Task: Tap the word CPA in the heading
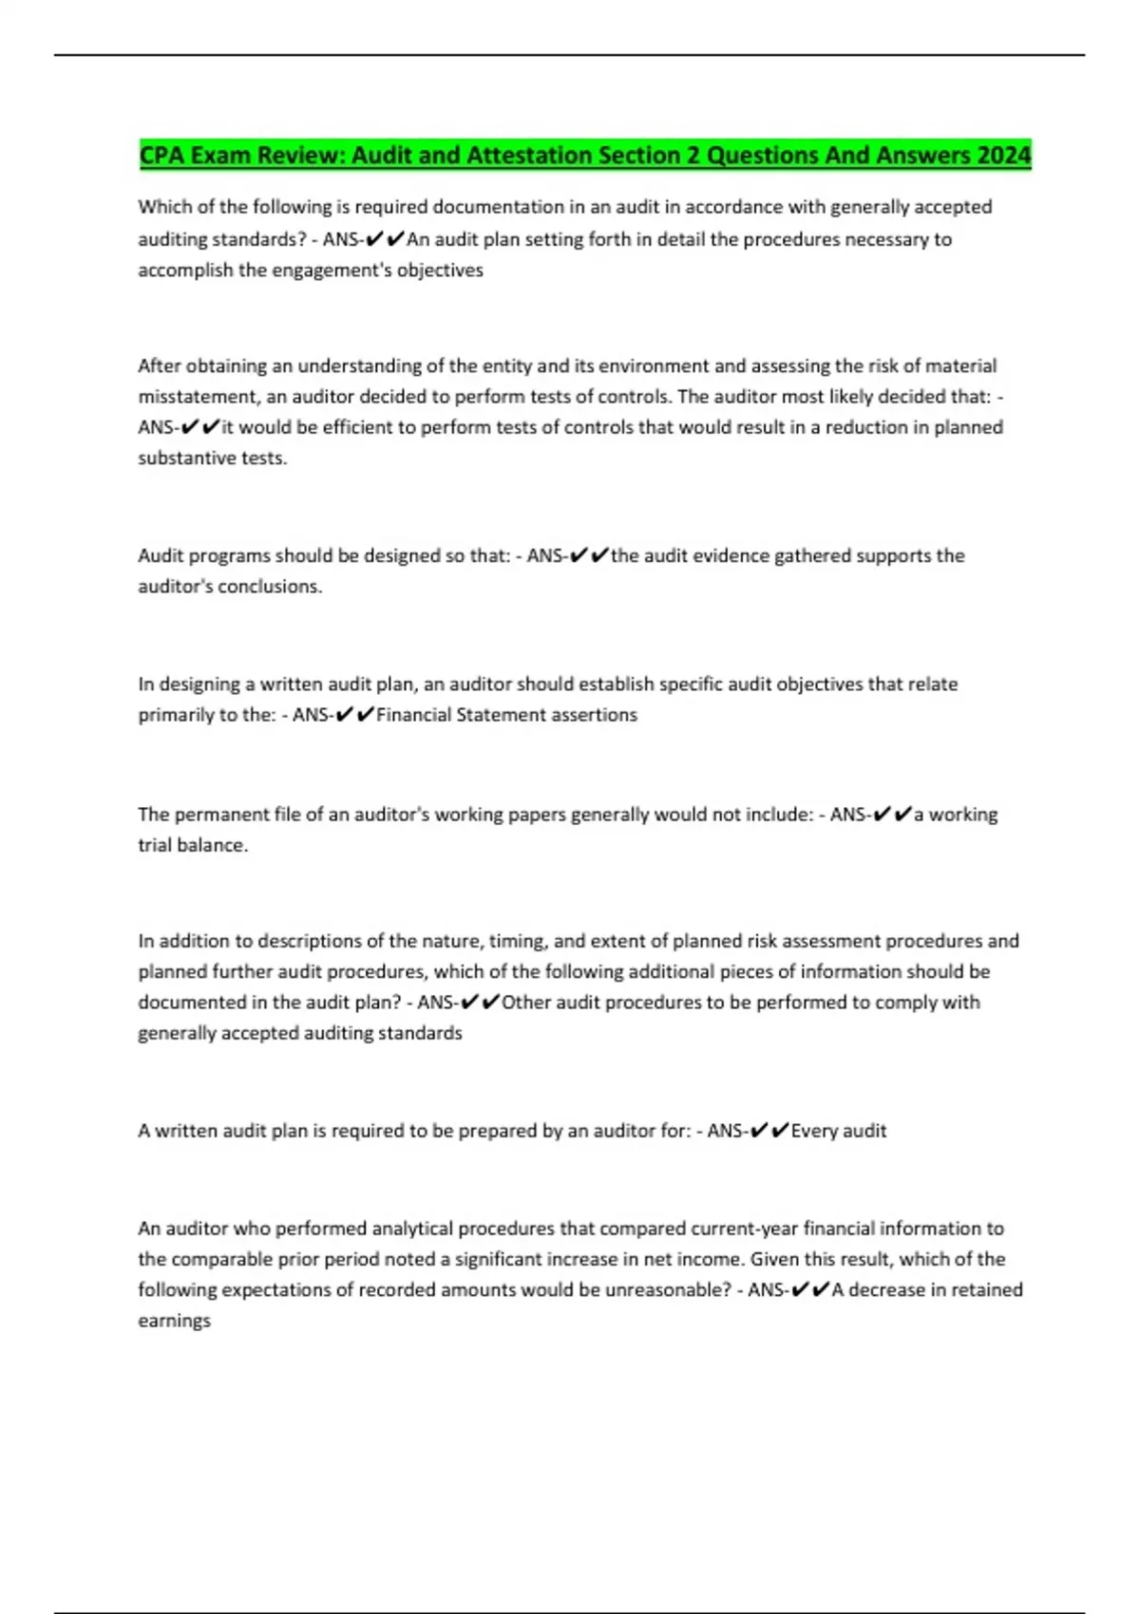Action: pyautogui.click(x=162, y=155)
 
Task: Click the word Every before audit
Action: pyautogui.click(x=815, y=1131)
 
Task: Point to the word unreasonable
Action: pyautogui.click(x=674, y=1290)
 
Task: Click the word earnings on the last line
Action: pyautogui.click(x=174, y=1321)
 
